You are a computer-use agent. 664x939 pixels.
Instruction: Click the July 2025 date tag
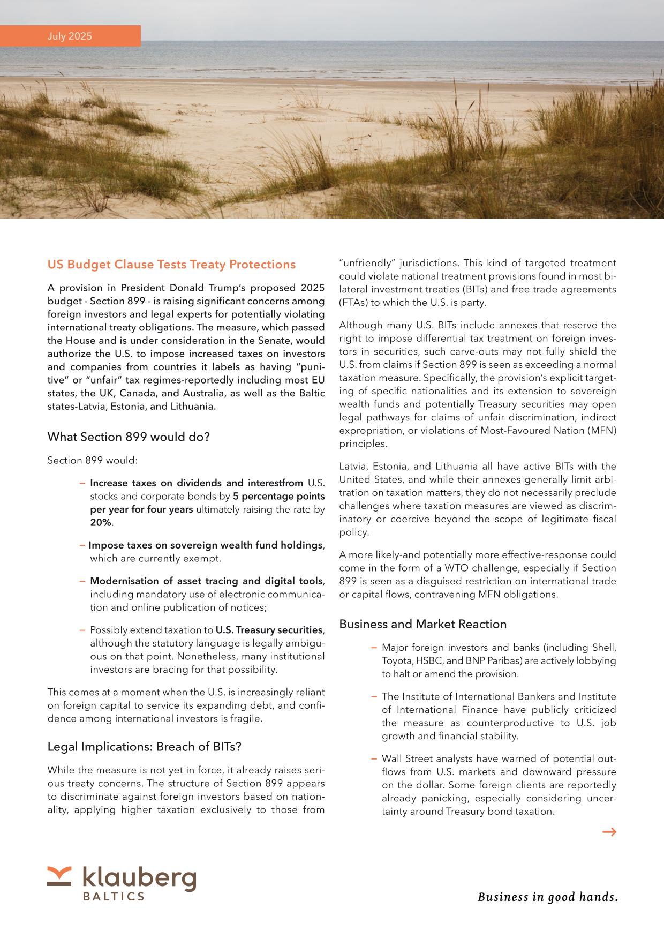point(70,36)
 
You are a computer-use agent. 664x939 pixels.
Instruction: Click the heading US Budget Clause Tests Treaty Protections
point(171,264)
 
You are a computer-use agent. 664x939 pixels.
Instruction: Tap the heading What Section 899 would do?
point(129,437)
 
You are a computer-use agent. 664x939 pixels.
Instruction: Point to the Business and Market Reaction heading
point(422,624)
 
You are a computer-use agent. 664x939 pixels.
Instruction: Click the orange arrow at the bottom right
point(609,831)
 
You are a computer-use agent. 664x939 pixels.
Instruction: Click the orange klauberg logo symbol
point(59,875)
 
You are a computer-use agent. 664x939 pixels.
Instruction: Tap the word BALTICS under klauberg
point(113,896)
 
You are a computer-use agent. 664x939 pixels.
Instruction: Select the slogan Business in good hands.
point(547,896)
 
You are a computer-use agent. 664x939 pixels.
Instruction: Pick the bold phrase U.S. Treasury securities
point(269,629)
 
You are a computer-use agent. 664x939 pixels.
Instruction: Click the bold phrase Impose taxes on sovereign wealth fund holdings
point(205,545)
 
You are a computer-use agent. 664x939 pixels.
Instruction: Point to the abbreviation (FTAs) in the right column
point(353,303)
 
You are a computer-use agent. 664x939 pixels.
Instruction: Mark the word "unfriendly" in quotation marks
point(366,263)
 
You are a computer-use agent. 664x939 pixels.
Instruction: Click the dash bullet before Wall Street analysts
point(374,758)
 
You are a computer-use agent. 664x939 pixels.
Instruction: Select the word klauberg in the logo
point(139,878)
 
